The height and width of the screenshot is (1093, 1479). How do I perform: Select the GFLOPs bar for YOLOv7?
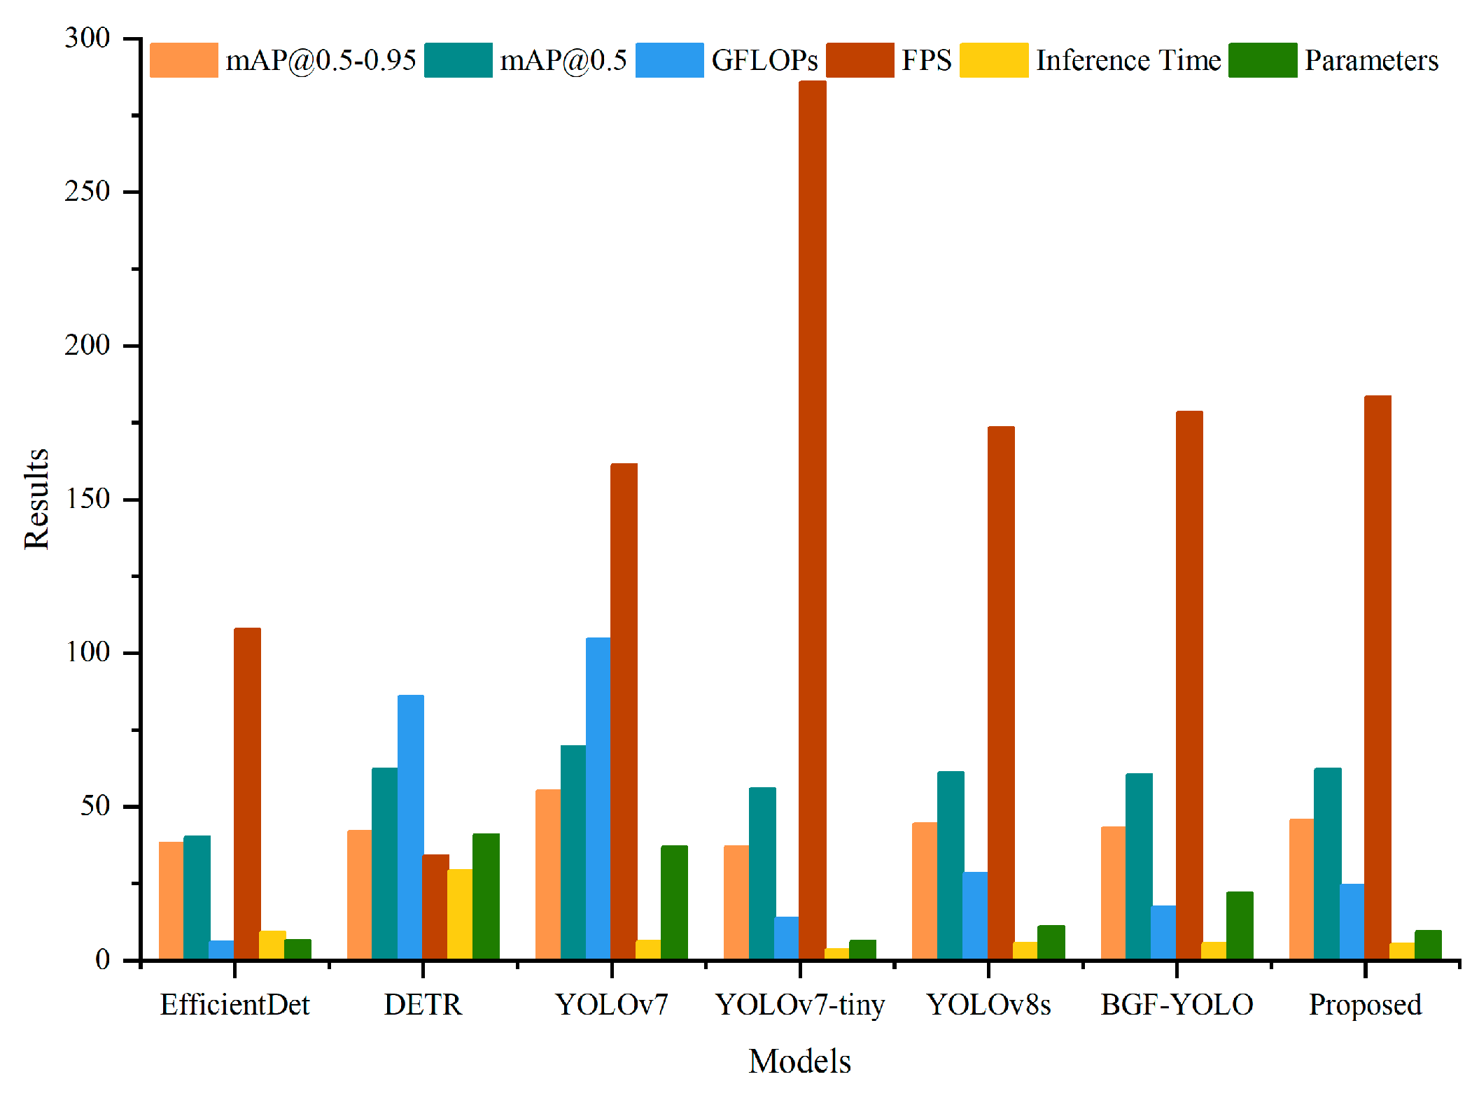point(598,798)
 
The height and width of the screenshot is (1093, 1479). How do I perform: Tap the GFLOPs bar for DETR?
point(410,826)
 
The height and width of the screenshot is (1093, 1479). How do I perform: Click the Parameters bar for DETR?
point(486,896)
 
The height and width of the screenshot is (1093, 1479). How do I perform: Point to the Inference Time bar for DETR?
point(460,913)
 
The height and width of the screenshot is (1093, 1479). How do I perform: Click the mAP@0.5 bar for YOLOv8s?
point(951,865)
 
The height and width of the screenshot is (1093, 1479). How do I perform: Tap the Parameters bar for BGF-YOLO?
point(1240,925)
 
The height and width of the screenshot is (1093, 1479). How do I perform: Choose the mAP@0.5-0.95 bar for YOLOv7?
point(548,874)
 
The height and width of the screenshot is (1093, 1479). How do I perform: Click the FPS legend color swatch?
point(860,60)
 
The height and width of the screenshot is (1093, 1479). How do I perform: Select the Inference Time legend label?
point(1128,60)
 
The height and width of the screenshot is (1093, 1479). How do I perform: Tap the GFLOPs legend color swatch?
point(669,60)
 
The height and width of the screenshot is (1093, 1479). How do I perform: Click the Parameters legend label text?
point(1371,60)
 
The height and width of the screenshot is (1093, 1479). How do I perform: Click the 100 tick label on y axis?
point(87,652)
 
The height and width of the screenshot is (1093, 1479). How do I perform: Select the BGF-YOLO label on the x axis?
point(1177,1005)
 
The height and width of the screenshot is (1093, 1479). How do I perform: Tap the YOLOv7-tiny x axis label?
point(800,1005)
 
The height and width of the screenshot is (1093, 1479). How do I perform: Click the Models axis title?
point(799,1062)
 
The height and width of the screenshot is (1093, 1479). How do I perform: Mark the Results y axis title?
point(36,499)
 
